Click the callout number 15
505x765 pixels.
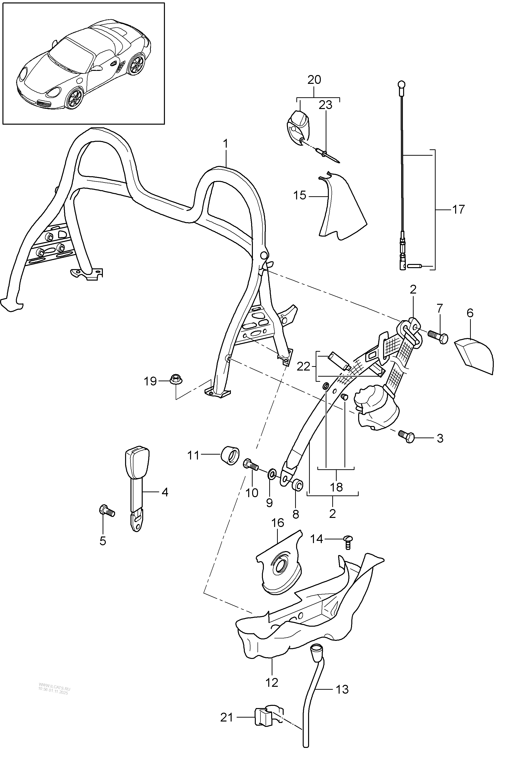coord(300,195)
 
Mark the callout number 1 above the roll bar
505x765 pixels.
coord(226,144)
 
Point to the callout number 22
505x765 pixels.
coord(303,367)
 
